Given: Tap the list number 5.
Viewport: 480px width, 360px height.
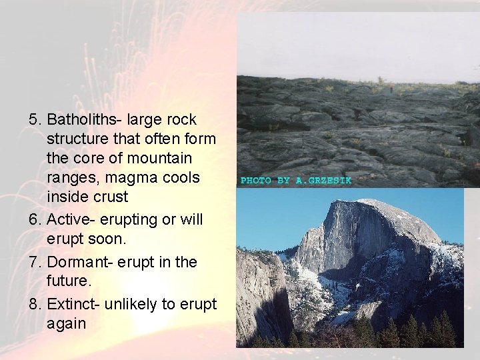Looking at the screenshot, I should click(x=35, y=120).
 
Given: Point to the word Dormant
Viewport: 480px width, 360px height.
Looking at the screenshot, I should click(x=75, y=262).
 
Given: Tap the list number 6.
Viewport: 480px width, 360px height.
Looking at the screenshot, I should click(x=35, y=219).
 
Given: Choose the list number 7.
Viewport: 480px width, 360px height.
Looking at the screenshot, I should click(x=35, y=262).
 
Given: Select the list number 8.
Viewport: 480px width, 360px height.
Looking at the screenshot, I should click(x=35, y=304).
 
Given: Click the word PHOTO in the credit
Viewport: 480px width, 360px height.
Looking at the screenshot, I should click(x=255, y=181).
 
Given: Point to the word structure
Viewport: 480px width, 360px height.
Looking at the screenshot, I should click(x=76, y=139).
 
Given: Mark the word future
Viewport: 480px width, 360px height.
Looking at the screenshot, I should click(x=67, y=281).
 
